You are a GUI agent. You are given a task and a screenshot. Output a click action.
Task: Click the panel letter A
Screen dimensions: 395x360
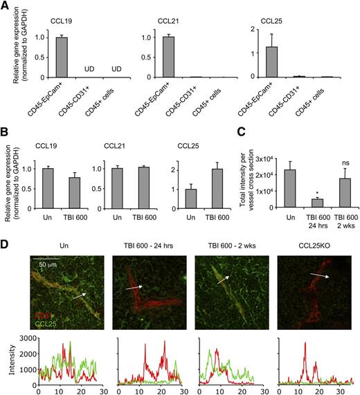click(6, 6)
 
